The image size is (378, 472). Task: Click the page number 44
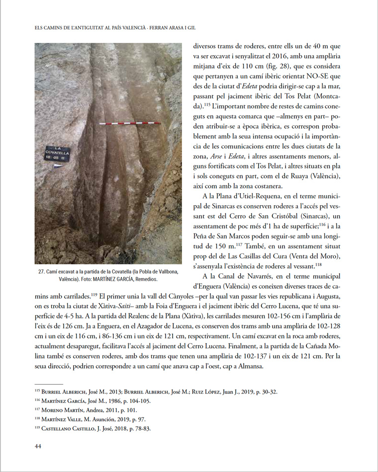(x=37, y=446)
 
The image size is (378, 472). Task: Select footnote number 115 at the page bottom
(x=38, y=392)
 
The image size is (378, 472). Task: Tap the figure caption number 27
(x=41, y=271)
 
